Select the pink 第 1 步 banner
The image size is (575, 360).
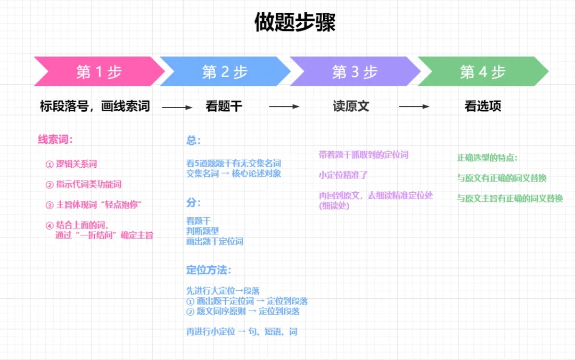pyautogui.click(x=99, y=71)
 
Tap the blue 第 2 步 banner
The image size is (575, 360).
pyautogui.click(x=225, y=71)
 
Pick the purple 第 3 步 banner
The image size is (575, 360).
pyautogui.click(x=355, y=71)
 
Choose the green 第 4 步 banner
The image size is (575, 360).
pyautogui.click(x=482, y=71)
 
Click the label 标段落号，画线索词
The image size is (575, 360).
pyautogui.click(x=95, y=107)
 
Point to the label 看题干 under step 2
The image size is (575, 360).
pyautogui.click(x=224, y=107)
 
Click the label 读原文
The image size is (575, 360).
pyautogui.click(x=351, y=107)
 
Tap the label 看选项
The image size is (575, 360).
pyautogui.click(x=483, y=107)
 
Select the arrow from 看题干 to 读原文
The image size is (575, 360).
pyautogui.click(x=284, y=107)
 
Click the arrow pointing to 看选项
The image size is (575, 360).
pyautogui.click(x=414, y=107)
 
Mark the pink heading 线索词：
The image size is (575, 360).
pyautogui.click(x=55, y=140)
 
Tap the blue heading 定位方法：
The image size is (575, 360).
pyautogui.click(x=209, y=270)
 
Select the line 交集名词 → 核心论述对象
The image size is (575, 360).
pyautogui.click(x=234, y=173)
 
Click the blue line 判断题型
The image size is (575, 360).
pyautogui.click(x=202, y=231)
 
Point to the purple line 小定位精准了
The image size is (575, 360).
pyautogui.click(x=343, y=175)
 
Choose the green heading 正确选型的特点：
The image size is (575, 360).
pyautogui.click(x=487, y=158)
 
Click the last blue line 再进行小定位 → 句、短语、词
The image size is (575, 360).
pyautogui.click(x=242, y=332)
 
